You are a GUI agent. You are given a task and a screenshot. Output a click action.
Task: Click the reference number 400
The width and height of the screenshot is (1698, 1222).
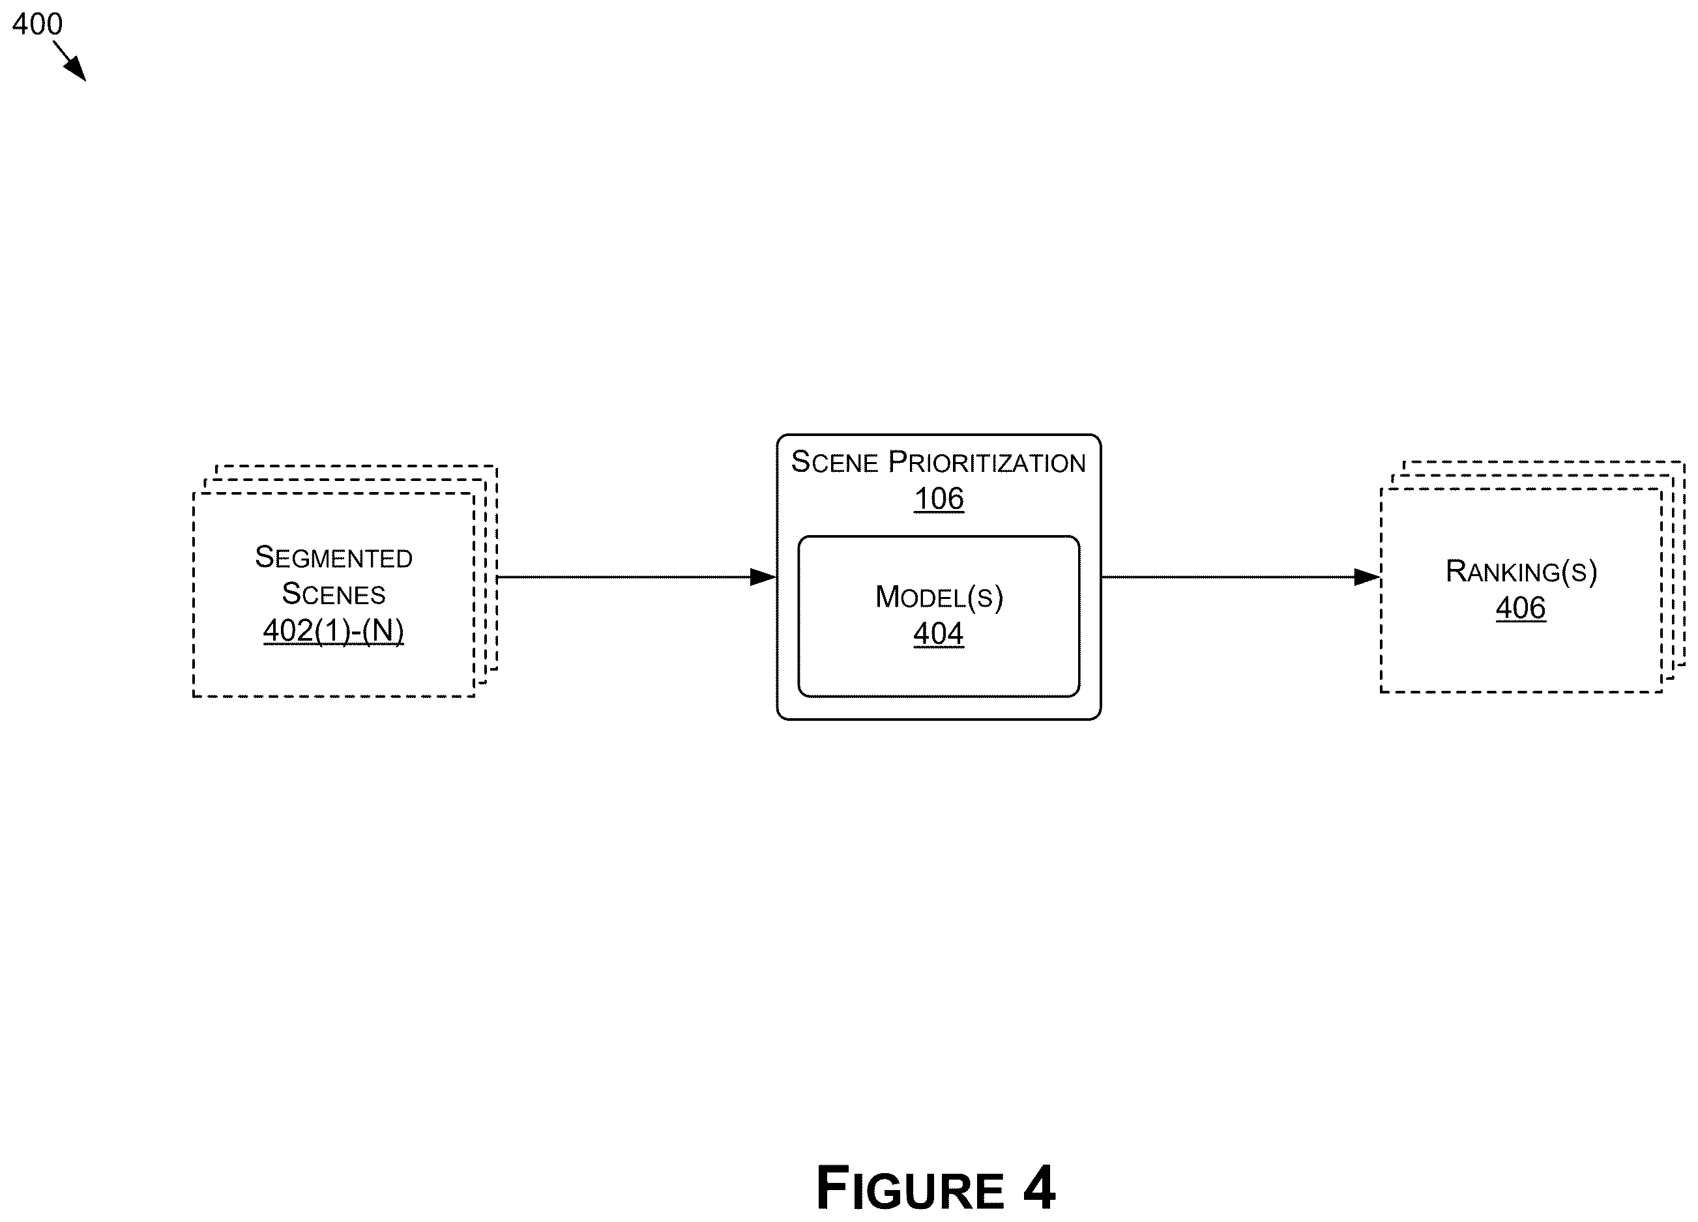coord(37,24)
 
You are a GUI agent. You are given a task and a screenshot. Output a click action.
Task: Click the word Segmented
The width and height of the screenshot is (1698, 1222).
coord(333,557)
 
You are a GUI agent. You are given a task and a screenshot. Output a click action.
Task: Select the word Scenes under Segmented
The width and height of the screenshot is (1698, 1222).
coord(333,594)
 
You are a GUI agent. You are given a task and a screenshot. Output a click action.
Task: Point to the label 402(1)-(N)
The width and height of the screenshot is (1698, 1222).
coord(333,630)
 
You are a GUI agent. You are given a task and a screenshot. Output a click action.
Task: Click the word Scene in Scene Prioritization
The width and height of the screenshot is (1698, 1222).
coord(834,462)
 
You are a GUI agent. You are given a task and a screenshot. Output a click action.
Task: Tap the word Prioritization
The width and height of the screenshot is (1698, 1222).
coord(987,462)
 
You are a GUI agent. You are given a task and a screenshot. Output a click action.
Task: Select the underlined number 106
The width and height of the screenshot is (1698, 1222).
coord(939,499)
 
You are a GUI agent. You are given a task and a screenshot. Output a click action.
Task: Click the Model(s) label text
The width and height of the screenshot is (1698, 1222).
coord(939,597)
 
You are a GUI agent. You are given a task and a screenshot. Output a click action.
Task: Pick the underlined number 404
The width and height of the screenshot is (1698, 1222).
coord(938,633)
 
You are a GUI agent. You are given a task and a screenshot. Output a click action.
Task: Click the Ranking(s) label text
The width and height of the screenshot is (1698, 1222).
coord(1521,572)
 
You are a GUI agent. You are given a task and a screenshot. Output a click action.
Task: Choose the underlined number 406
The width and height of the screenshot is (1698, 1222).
coord(1521,608)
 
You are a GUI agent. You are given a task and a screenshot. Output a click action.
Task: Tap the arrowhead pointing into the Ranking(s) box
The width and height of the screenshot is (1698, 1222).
coord(1367,577)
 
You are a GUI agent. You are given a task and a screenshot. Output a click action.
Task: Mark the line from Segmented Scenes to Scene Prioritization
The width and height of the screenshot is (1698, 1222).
coord(636,577)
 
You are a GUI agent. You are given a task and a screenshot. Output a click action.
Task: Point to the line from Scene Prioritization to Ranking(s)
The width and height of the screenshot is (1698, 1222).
coord(1240,577)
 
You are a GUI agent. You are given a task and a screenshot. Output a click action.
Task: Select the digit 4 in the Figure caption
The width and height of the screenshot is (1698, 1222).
coord(1039,1188)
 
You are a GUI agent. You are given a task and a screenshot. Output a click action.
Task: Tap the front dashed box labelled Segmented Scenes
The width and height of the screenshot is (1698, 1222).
coord(194,594)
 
